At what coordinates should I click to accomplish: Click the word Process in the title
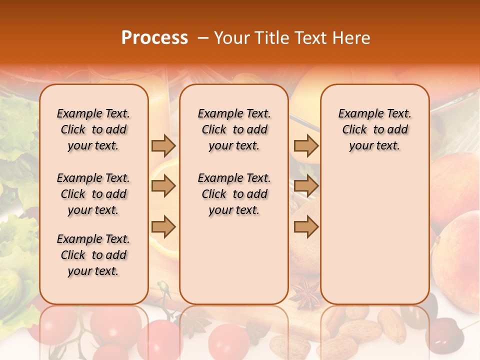tap(154, 38)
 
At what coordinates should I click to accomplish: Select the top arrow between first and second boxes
tap(163, 145)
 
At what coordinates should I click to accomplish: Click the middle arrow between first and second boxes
tap(163, 186)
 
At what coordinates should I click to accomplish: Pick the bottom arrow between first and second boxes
tap(163, 226)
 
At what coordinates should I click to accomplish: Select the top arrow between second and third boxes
tap(306, 145)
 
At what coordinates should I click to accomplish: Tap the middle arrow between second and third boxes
tap(306, 186)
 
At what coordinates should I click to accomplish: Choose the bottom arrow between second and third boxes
tap(306, 226)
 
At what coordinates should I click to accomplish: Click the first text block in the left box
tap(93, 129)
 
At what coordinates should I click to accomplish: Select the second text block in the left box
tap(93, 194)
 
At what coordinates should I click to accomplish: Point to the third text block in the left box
tap(93, 255)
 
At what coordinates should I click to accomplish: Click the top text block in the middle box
tap(234, 129)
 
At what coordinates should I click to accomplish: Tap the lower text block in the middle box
tap(234, 194)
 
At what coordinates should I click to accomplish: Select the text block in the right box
tap(374, 129)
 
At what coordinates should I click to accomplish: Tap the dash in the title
tap(203, 38)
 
